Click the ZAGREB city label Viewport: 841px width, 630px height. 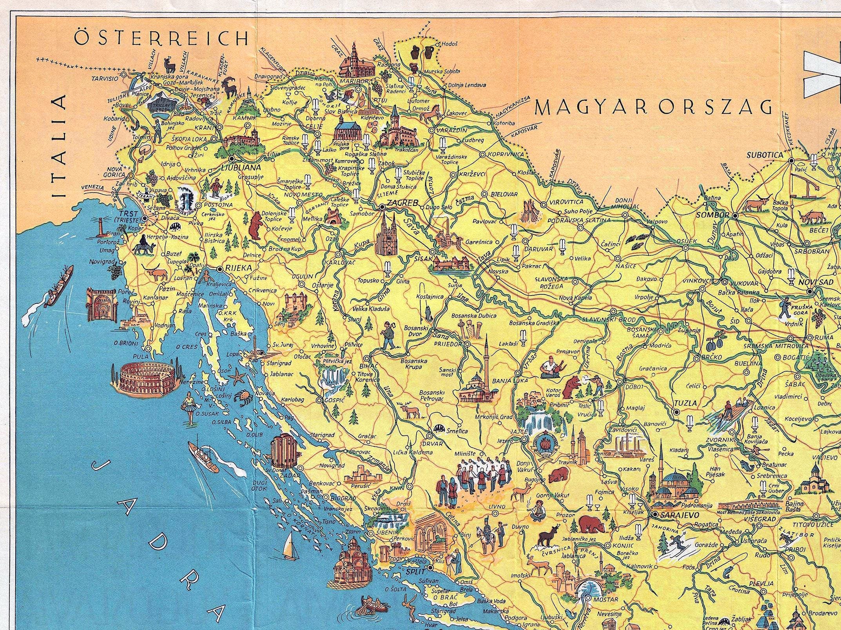[402, 203]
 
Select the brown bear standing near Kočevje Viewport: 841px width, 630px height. [257, 226]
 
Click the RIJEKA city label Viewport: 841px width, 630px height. [236, 269]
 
